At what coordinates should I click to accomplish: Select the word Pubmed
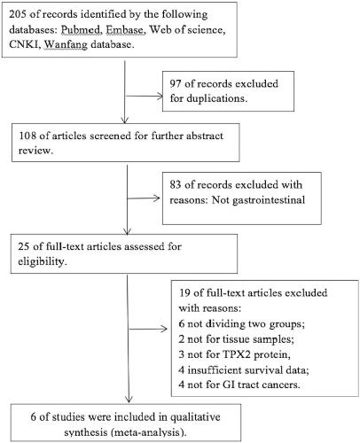[x=81, y=29]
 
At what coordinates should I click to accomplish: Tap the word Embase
[x=126, y=29]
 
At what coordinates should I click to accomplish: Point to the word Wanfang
[x=66, y=44]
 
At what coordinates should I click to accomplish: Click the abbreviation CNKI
[x=25, y=44]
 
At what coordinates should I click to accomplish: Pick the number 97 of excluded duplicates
[x=176, y=83]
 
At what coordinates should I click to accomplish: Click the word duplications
[x=217, y=98]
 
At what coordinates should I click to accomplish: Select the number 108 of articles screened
[x=27, y=136]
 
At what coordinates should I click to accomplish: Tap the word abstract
[x=205, y=136]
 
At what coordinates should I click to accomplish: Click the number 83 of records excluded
[x=176, y=185]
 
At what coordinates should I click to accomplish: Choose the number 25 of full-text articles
[x=24, y=246]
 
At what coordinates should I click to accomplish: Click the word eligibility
[x=43, y=261]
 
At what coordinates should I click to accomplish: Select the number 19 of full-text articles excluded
[x=184, y=293]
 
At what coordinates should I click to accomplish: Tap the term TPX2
[x=236, y=354]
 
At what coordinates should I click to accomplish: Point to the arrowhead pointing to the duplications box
[x=160, y=97]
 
